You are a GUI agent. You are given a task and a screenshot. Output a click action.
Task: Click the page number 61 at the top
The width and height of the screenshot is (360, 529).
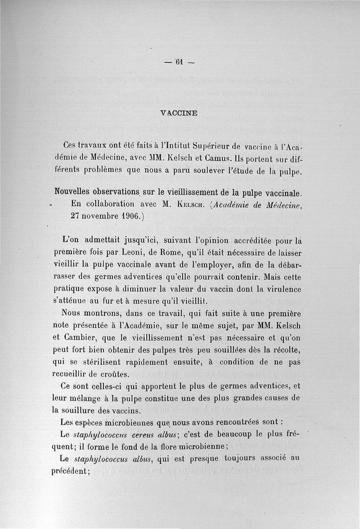pyautogui.click(x=179, y=63)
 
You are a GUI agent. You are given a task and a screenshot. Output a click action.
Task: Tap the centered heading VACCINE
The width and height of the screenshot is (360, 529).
pyautogui.click(x=179, y=113)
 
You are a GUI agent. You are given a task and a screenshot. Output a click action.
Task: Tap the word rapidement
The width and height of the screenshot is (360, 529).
pyautogui.click(x=141, y=361)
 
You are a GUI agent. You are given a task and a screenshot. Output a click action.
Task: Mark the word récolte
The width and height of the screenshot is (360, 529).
pyautogui.click(x=285, y=349)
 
